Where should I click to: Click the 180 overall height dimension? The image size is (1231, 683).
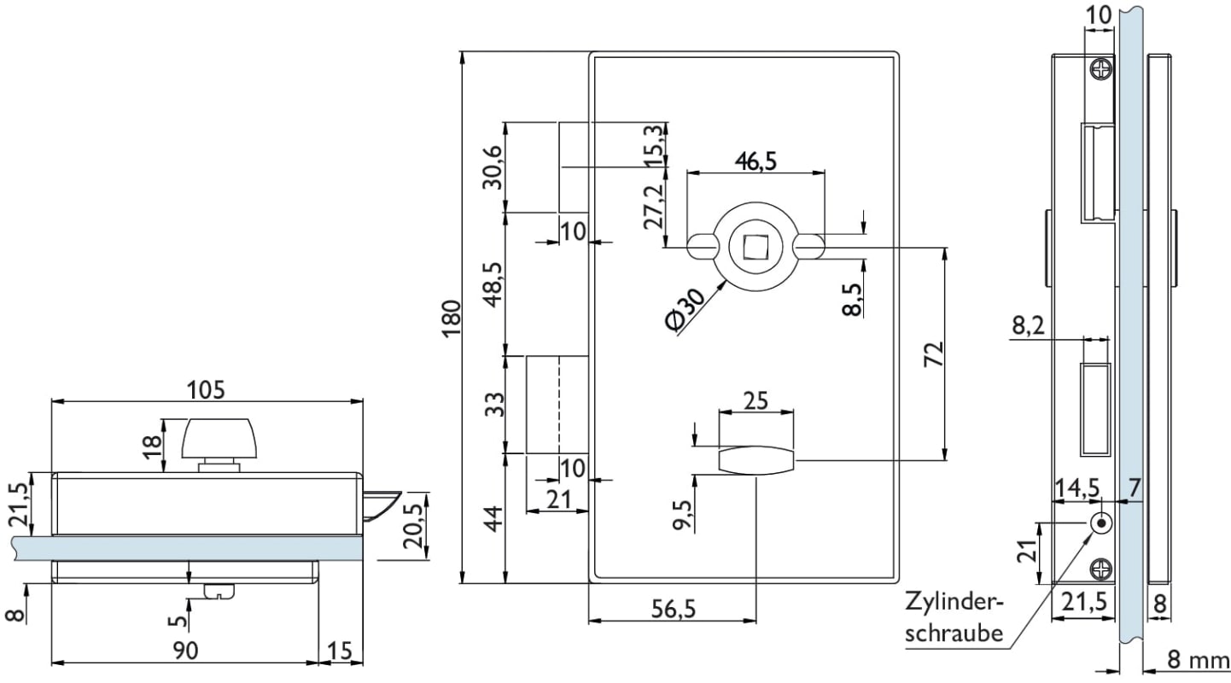pyautogui.click(x=452, y=318)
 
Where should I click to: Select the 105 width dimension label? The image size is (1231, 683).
pyautogui.click(x=207, y=390)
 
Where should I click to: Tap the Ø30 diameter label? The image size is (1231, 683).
pyautogui.click(x=686, y=309)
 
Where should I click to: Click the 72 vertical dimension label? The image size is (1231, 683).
pyautogui.click(x=933, y=355)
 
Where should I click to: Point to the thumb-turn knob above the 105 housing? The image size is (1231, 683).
pyautogui.click(x=219, y=439)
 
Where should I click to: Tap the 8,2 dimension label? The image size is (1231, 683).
pyautogui.click(x=1028, y=325)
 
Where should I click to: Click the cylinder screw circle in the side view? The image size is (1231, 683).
pyautogui.click(x=1102, y=523)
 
